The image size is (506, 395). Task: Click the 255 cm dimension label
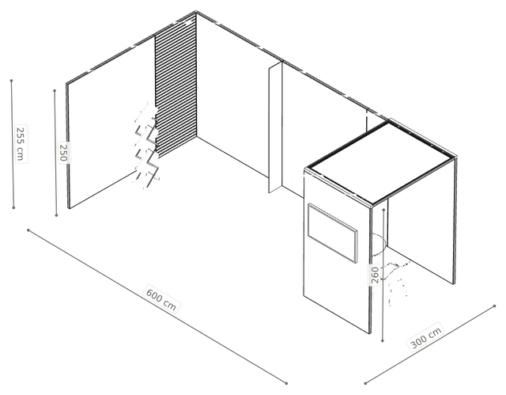pyautogui.click(x=21, y=143)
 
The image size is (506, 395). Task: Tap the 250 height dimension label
pyautogui.click(x=63, y=153)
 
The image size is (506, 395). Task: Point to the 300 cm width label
pyautogui.click(x=426, y=337)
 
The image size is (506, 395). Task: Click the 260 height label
pyautogui.click(x=375, y=275)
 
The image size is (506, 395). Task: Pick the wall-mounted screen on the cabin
pyautogui.click(x=332, y=233)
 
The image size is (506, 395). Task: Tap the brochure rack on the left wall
pyautogui.click(x=147, y=146)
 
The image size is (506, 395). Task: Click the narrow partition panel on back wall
pyautogui.click(x=276, y=127)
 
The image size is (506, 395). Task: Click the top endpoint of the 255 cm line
pyautogui.click(x=11, y=81)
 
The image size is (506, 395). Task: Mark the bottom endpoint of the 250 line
pyautogui.click(x=56, y=215)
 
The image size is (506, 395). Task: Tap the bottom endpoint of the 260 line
pyautogui.click(x=383, y=340)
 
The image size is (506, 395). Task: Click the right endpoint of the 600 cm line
pyautogui.click(x=286, y=383)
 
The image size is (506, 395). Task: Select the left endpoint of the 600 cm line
pyautogui.click(x=28, y=230)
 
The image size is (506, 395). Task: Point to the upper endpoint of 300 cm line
pyautogui.click(x=495, y=306)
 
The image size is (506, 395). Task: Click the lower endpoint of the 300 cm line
pyautogui.click(x=365, y=383)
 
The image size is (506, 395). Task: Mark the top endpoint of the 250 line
pyautogui.click(x=55, y=91)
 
